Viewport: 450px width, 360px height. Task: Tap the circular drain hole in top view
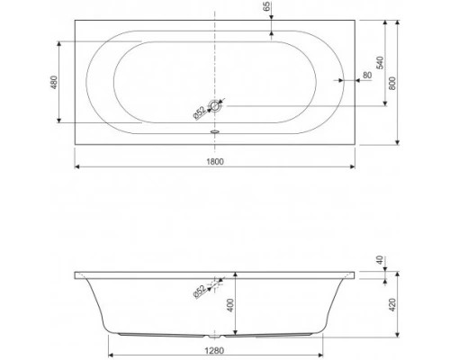pos(215,106)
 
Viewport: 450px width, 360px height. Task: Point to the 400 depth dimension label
pos(229,304)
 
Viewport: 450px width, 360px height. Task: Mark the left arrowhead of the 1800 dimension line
pos(75,167)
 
